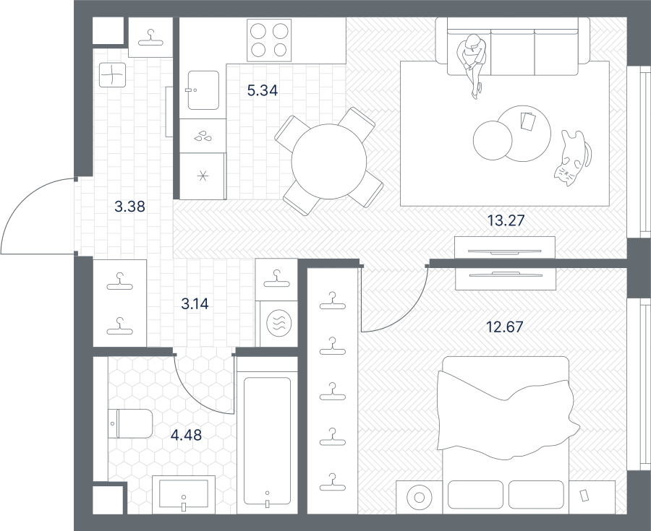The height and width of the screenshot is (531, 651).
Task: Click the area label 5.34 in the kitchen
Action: coord(263,90)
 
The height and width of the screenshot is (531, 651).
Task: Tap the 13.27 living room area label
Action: coord(506,220)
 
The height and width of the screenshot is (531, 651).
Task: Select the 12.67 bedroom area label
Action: coord(505,327)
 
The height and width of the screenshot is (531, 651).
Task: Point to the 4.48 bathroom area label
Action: coord(187,435)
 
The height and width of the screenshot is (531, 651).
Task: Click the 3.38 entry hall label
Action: coord(130,206)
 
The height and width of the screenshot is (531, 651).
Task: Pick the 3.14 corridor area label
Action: coord(195,304)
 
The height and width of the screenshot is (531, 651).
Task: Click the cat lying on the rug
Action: coord(571,158)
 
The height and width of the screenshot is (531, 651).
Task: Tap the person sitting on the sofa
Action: coord(472,65)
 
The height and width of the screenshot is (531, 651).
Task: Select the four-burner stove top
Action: coord(269,40)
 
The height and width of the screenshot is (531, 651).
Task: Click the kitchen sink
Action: coord(203,90)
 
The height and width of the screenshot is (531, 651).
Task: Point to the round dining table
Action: coord(329,161)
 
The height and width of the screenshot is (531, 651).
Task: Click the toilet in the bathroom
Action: coord(130,423)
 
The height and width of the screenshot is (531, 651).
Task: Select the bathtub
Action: coord(267,441)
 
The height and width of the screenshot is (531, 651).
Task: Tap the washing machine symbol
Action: coord(279,323)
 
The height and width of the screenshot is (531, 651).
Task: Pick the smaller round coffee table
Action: coord(493,140)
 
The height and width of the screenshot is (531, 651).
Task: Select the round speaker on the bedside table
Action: coord(419,498)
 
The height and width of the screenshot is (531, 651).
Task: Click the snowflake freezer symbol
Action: coord(203,176)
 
